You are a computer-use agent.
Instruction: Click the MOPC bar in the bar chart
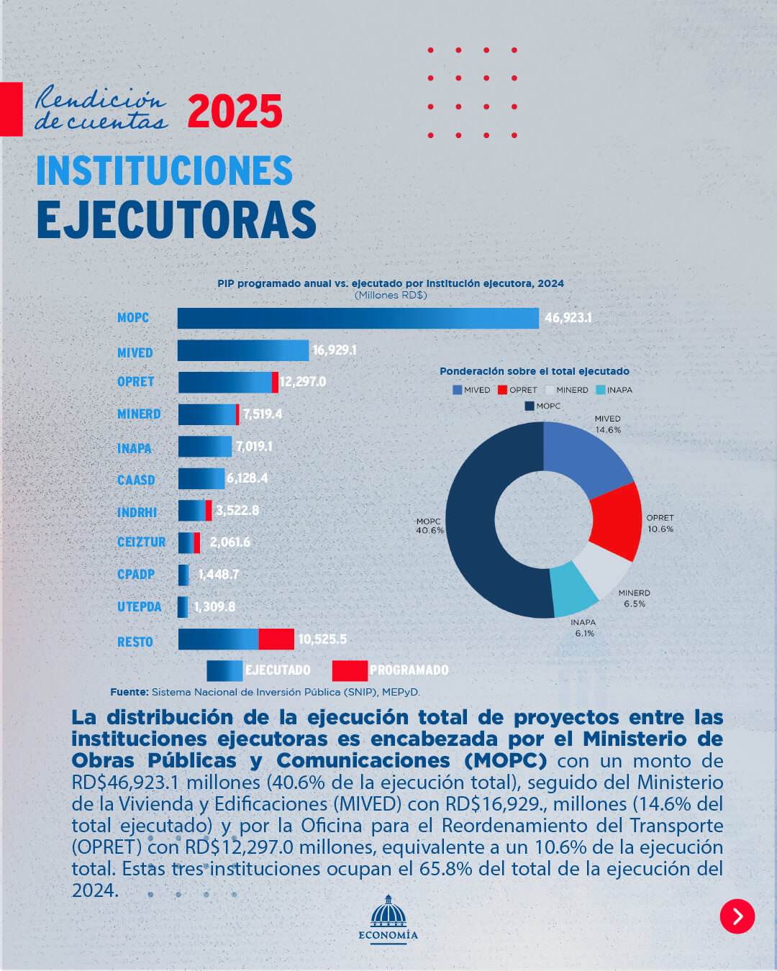[358, 318]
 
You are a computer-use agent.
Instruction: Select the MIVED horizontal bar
[242, 350]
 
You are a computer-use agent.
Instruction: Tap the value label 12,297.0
[303, 381]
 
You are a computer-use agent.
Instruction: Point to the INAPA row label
[135, 448]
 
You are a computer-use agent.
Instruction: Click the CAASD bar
[201, 478]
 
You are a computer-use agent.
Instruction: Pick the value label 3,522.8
[237, 510]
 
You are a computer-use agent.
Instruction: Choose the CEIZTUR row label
[141, 542]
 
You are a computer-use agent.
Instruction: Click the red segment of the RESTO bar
[276, 639]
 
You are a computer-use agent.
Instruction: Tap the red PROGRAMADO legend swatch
[350, 670]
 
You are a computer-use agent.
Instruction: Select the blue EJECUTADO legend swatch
[224, 670]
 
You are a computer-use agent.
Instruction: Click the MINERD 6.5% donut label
[635, 598]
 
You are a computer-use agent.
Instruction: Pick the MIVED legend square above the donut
[457, 390]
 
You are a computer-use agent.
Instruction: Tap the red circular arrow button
[737, 916]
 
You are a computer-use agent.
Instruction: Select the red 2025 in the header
[235, 111]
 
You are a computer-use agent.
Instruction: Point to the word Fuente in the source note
[129, 692]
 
